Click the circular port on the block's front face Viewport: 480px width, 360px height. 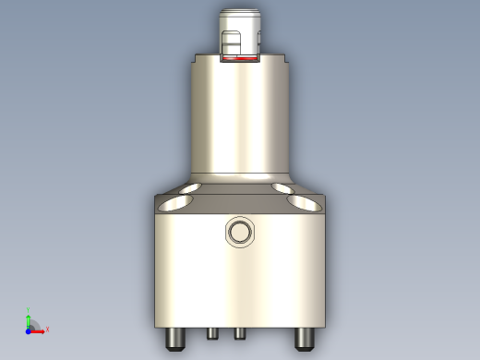[x=239, y=232]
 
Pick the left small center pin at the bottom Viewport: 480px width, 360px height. [x=211, y=333]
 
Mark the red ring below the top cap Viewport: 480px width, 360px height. [x=239, y=58]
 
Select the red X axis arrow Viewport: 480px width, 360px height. [x=39, y=329]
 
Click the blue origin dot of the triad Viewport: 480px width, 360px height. [x=29, y=329]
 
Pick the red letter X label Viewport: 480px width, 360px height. [x=47, y=329]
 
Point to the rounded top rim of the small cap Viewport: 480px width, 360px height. [x=240, y=12]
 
